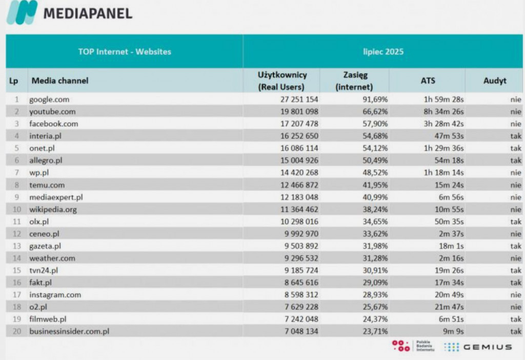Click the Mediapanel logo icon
click(x=22, y=13)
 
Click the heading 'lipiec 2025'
click(x=382, y=52)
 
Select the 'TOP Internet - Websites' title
click(x=125, y=52)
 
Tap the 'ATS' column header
click(x=428, y=81)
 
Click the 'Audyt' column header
click(x=494, y=81)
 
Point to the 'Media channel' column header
click(x=60, y=81)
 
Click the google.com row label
click(x=49, y=99)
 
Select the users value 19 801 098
click(x=296, y=112)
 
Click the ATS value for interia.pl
click(x=449, y=136)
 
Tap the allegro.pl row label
click(x=47, y=161)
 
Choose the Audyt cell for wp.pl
click(x=515, y=173)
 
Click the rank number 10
click(x=17, y=209)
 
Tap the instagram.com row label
click(x=55, y=295)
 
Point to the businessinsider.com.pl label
click(x=69, y=331)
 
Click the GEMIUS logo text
click(x=487, y=347)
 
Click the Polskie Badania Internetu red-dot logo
click(x=400, y=346)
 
